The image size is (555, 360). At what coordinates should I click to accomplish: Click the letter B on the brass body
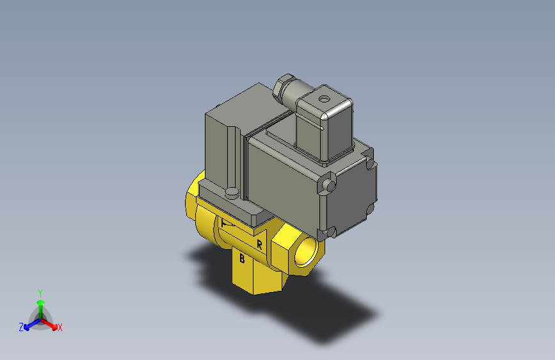point(242,259)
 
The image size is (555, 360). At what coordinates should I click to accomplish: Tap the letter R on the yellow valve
point(259,245)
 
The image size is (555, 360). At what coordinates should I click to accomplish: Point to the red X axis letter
point(60,327)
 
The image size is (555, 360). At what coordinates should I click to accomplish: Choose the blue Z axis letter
point(21,327)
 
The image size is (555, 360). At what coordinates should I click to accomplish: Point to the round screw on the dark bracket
point(232,192)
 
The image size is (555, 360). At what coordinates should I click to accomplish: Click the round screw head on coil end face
point(329,185)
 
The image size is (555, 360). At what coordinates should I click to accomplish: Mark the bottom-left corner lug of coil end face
point(331,231)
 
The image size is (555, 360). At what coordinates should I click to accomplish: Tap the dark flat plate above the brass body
point(237,205)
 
